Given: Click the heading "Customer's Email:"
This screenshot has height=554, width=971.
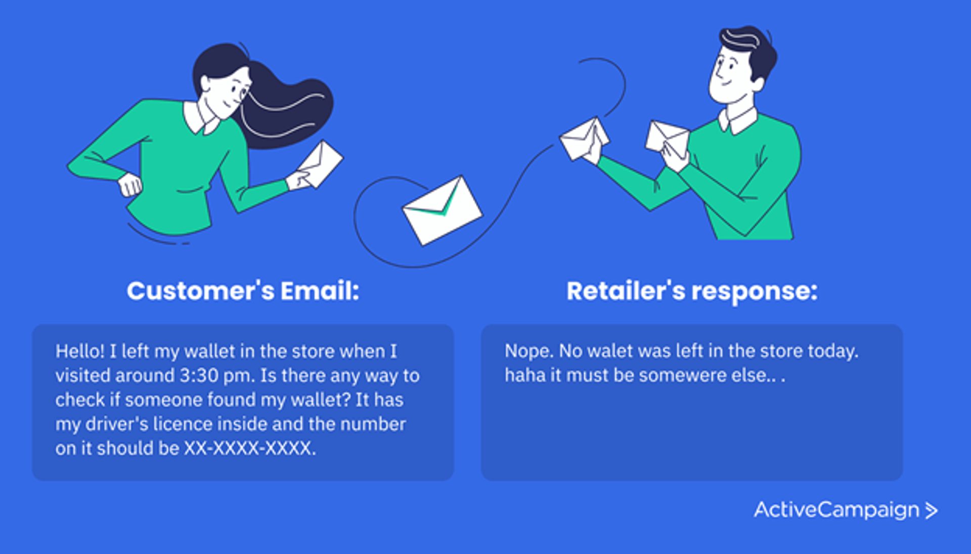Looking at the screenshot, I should pos(243,291).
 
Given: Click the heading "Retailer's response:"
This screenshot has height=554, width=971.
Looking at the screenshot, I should pos(691,291).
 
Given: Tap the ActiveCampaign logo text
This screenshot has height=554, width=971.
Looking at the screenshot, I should pos(836,510).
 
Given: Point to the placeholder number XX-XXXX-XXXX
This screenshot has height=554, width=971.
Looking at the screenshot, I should pos(249,448).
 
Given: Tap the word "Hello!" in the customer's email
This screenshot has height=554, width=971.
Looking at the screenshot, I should pos(80,351).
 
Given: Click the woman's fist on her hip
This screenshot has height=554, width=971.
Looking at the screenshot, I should pos(129,185).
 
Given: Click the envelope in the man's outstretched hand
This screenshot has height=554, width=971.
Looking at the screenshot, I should pos(583,139).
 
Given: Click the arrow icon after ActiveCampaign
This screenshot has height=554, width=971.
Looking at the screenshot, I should pos(931,510).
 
